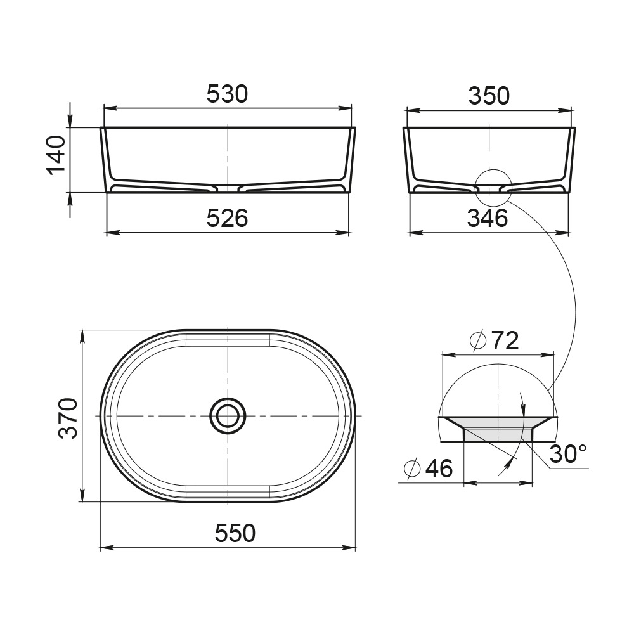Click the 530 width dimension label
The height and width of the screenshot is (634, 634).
click(227, 94)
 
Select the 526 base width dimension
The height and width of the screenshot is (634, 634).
click(227, 219)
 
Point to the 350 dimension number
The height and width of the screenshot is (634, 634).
click(489, 96)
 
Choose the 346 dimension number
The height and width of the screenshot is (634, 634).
click(488, 219)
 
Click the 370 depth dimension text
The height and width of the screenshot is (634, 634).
click(68, 418)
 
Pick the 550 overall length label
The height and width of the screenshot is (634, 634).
click(235, 533)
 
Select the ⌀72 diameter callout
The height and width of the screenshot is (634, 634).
click(494, 341)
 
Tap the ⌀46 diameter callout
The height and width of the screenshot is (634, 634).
click(428, 469)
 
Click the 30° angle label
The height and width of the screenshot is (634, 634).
click(567, 453)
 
